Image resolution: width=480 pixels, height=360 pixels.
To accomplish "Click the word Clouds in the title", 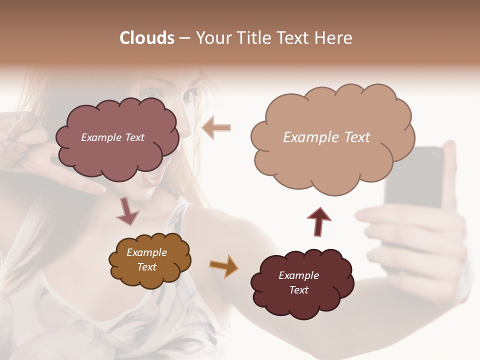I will click(x=146, y=38).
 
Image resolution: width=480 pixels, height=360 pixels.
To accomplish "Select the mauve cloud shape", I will click(x=116, y=139).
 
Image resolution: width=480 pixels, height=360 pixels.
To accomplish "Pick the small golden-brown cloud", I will click(x=149, y=260).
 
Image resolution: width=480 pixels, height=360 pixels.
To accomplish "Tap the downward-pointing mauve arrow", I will click(x=128, y=211).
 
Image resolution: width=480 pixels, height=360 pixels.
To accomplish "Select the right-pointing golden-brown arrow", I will click(x=224, y=265).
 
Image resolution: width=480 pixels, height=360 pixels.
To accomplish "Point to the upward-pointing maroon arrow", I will click(x=319, y=220).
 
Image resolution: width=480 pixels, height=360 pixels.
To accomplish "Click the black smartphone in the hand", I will click(x=415, y=180).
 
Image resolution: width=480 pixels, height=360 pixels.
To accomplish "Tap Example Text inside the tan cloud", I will click(x=326, y=137).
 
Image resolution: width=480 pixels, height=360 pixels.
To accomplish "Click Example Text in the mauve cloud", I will click(x=112, y=137).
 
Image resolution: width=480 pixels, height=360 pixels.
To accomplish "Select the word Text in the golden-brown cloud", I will click(x=147, y=267).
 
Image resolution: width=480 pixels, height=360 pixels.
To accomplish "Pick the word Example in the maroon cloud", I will click(x=298, y=275).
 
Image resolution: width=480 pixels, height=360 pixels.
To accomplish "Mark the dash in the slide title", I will click(x=184, y=38).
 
